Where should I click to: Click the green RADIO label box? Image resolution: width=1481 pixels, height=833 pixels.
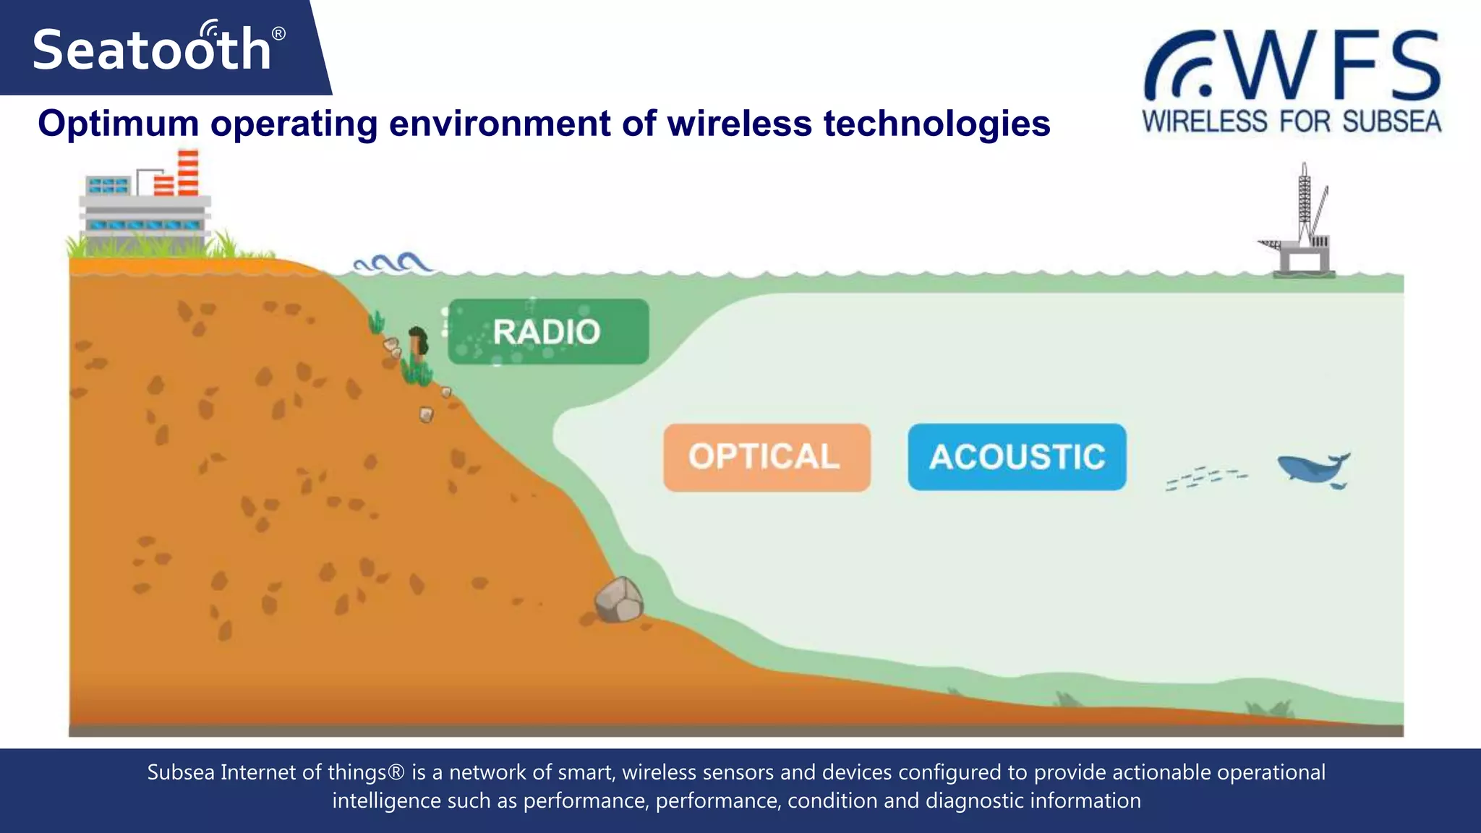tap(548, 332)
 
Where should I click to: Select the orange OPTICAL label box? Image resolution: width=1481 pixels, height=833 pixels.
tap(767, 457)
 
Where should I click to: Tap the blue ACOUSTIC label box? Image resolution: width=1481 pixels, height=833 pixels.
tap(1017, 457)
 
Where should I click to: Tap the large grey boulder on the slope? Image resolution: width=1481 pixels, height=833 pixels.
tap(619, 600)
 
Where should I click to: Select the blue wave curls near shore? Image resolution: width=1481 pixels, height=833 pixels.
tap(393, 263)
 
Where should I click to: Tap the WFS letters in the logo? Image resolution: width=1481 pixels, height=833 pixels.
tap(1334, 67)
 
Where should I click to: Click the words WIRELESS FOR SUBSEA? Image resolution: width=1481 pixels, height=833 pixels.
tap(1292, 121)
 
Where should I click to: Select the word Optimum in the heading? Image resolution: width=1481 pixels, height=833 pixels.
tap(118, 124)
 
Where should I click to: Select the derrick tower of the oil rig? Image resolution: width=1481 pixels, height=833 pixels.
tap(1304, 202)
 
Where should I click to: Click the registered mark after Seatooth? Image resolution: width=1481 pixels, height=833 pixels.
tap(278, 34)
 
